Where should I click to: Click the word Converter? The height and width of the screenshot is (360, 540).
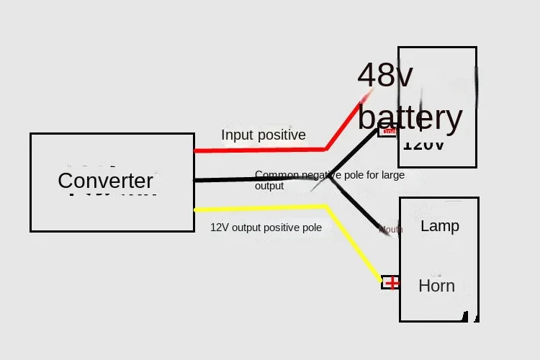105,181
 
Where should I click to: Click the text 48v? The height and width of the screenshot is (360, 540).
386,76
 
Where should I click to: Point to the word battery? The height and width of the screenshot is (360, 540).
410,117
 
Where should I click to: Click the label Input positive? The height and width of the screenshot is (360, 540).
263,135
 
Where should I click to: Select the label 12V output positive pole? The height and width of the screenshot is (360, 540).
266,227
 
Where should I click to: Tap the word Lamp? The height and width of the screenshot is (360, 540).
439,226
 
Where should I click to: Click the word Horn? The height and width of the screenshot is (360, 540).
436,286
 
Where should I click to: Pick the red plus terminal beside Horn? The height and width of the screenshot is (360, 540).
391,283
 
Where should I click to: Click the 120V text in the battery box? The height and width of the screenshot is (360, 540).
423,144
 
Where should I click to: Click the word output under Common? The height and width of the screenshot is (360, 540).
269,186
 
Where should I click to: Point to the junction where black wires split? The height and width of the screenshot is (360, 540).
328,177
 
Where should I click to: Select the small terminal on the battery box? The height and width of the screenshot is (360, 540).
388,131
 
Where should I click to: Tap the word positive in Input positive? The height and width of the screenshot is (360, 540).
282,135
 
